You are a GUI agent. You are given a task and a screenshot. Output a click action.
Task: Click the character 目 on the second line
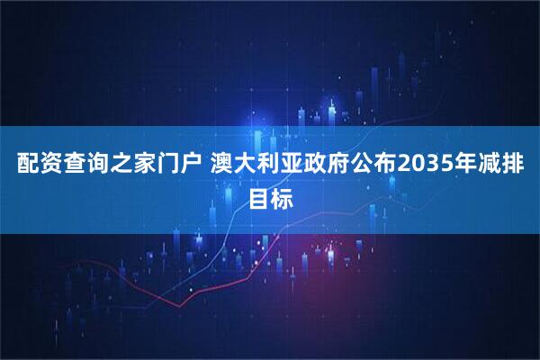(x=258, y=195)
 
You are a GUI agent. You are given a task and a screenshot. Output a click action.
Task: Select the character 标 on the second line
(x=283, y=195)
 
